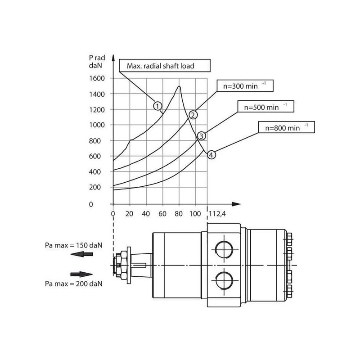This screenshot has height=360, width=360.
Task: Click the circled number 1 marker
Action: pyautogui.click(x=157, y=106)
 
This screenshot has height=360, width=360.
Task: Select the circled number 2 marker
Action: pyautogui.click(x=192, y=114)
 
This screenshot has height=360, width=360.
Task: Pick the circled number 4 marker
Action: pyautogui.click(x=211, y=154)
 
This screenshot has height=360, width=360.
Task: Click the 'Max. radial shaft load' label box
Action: pyautogui.click(x=165, y=66)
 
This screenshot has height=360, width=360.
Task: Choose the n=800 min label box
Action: pyautogui.click(x=286, y=127)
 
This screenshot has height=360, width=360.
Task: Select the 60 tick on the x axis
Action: pyautogui.click(x=162, y=213)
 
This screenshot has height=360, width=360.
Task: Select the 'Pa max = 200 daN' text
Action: pyautogui.click(x=74, y=283)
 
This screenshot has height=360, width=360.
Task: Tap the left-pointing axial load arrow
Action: pyautogui.click(x=81, y=254)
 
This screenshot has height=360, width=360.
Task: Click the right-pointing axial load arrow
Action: pyautogui.click(x=81, y=274)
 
